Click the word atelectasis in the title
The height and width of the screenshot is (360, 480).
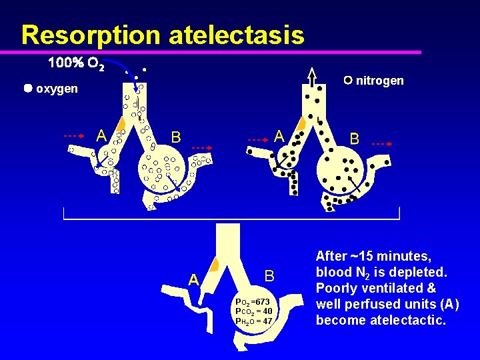point(236,35)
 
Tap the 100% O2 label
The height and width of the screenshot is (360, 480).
point(75,64)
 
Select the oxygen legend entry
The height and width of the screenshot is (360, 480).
point(51,89)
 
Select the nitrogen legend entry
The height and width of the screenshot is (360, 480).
point(374,81)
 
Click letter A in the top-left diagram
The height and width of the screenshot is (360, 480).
point(101,135)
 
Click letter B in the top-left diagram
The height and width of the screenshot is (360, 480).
point(176,137)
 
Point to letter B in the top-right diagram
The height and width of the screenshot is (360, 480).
point(355,139)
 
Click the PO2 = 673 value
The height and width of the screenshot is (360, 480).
point(253,302)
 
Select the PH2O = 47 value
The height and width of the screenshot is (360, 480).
point(254,321)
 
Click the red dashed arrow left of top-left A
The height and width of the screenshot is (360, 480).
point(73,135)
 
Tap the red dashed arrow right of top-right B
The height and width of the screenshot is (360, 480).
point(382,143)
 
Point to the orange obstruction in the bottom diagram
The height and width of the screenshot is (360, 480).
point(214,264)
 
